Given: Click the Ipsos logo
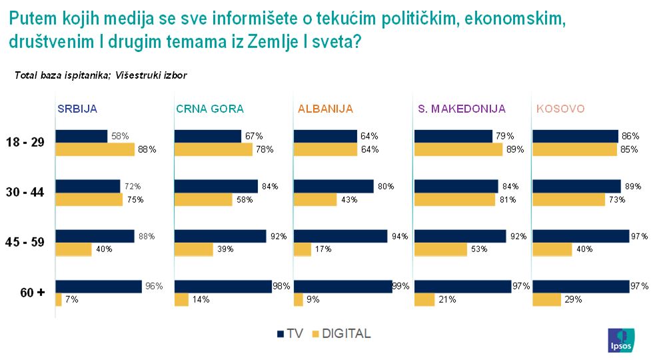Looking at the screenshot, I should point(619,340).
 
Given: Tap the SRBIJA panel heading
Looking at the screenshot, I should point(79,109).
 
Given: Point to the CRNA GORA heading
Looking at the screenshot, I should point(210,109).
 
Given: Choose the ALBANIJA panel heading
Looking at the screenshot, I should point(325,109).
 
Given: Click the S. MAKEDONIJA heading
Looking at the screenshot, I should point(461,109).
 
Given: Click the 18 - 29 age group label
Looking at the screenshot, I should point(25,143).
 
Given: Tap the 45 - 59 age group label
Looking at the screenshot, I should point(25,242).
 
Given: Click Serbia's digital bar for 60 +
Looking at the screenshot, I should point(59,300).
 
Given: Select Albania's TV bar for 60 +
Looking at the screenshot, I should point(342,286).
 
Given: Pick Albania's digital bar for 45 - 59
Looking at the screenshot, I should point(303,249).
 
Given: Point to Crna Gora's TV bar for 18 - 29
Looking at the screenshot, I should point(208,136).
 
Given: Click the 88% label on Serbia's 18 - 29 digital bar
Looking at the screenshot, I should point(147,149).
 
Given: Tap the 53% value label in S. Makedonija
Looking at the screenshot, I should point(478,249).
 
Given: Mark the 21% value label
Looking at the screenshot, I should point(446,300).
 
